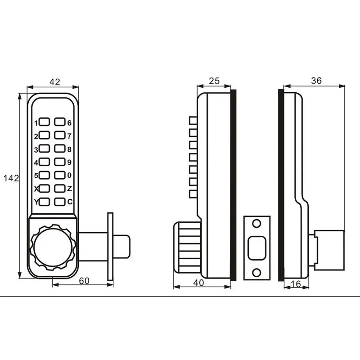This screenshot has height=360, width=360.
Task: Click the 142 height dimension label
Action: [11, 178]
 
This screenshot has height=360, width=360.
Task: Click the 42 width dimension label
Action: [55, 82]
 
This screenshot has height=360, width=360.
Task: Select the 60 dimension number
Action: [84, 281]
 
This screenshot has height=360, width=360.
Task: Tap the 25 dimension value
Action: [214, 81]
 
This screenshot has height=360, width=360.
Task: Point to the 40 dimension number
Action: [198, 283]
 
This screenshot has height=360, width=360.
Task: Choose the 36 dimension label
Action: [316, 81]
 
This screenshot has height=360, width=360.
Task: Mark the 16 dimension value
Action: [296, 284]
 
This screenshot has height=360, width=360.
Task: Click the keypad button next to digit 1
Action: [44, 122]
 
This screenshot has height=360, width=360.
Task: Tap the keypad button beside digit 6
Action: [60, 122]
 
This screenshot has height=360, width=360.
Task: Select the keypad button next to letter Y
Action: [44, 202]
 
